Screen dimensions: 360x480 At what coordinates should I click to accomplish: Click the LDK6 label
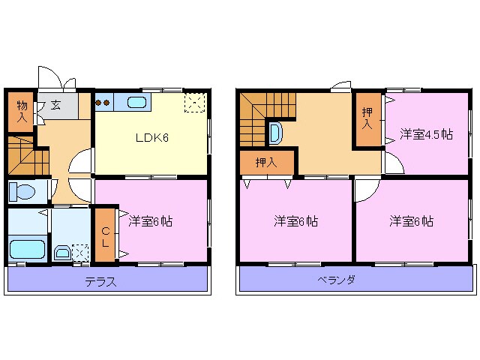[151, 137]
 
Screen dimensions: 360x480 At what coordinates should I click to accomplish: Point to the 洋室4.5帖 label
[426, 134]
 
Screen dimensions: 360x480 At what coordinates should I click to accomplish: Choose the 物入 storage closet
[22, 112]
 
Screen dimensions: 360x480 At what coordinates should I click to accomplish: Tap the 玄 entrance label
[56, 105]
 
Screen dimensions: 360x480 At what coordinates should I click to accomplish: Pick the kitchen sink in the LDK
[137, 103]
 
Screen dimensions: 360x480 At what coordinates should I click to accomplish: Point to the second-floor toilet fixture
[275, 134]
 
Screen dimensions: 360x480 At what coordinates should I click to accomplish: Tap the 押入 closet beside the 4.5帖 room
[367, 118]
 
